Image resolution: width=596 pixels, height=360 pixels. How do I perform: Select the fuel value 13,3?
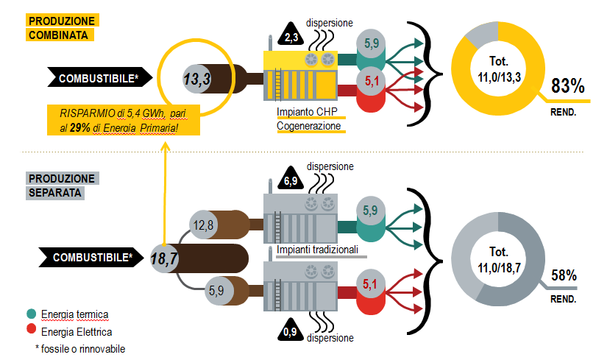tap(197, 77)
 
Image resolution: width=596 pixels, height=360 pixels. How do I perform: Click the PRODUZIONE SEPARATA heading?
tap(62, 186)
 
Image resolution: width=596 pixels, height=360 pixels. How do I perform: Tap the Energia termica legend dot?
tap(30, 314)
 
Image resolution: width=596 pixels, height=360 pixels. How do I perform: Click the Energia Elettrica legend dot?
tap(30, 331)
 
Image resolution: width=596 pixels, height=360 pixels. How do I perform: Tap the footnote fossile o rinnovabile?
tap(80, 348)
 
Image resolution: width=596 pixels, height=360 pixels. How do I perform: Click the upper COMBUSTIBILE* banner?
tap(99, 77)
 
